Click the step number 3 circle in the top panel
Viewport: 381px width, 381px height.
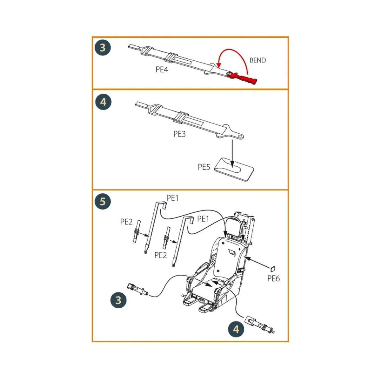tap(102, 48)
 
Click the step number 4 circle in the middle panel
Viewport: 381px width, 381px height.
tap(103, 102)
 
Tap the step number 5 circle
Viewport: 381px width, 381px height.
tap(103, 202)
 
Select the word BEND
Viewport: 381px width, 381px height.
tap(257, 60)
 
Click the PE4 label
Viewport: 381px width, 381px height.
tap(162, 70)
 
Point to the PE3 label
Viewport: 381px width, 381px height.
tap(179, 134)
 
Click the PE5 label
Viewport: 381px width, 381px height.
tap(204, 167)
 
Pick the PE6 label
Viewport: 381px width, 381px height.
tap(273, 278)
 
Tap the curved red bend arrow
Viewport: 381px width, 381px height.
tap(233, 52)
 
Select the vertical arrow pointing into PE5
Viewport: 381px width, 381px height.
tap(232, 152)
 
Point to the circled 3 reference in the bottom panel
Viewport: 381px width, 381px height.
tap(118, 300)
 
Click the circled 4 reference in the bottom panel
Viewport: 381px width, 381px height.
tap(236, 329)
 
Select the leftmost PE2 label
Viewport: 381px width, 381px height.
tap(126, 222)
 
